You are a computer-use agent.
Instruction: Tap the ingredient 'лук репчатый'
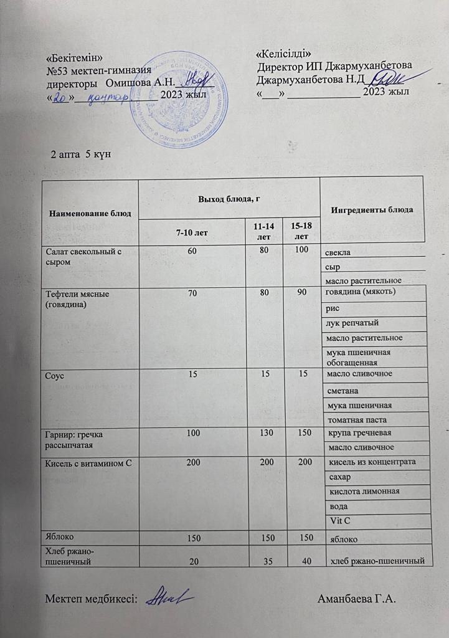352,323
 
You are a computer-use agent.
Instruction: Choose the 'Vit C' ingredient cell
338,521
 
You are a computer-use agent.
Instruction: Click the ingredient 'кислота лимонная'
360,492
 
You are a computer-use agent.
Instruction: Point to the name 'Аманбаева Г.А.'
357,599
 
